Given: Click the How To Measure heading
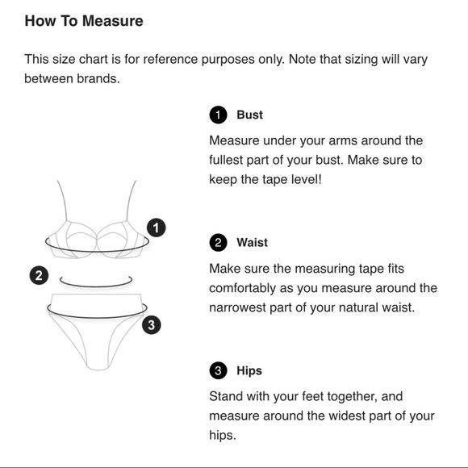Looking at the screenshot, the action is click(x=84, y=21).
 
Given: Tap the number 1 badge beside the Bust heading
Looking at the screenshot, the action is click(x=218, y=115).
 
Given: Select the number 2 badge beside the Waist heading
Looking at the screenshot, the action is click(x=218, y=242).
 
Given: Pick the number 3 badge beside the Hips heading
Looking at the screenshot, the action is click(x=218, y=370).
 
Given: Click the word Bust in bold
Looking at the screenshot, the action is click(x=250, y=115).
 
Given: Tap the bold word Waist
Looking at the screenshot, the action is click(x=253, y=242).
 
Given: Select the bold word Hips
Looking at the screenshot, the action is click(x=249, y=370).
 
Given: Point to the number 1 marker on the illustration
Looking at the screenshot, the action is click(x=156, y=228).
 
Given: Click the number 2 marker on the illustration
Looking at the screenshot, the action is click(x=39, y=275).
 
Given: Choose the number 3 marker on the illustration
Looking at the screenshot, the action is click(x=152, y=324).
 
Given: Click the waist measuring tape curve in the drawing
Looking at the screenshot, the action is click(x=96, y=286).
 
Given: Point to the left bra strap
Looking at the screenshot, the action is click(x=62, y=201).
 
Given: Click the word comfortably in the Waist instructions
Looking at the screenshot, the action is click(x=242, y=289).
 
